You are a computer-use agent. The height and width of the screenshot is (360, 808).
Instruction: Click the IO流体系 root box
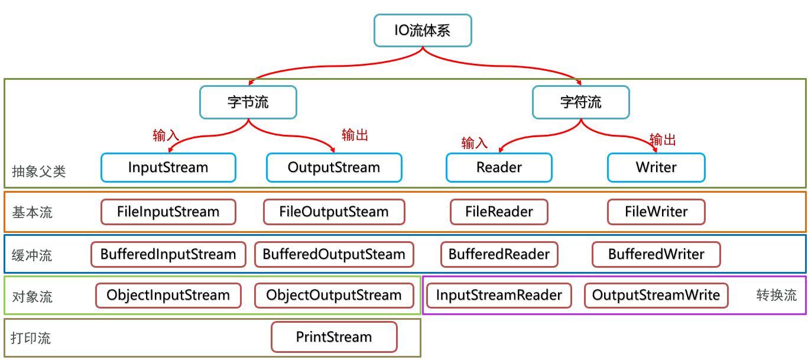[423, 30]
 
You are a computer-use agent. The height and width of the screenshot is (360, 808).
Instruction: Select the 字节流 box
[248, 102]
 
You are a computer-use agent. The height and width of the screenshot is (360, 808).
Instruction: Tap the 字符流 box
[580, 102]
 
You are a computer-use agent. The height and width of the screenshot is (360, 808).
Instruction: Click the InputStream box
[168, 167]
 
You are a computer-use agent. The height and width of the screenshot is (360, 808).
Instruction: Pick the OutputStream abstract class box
[333, 167]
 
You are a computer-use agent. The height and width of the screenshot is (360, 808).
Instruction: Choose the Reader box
[499, 167]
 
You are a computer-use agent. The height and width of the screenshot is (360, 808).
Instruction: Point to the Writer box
[656, 167]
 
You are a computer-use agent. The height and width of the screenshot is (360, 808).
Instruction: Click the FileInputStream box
[168, 212]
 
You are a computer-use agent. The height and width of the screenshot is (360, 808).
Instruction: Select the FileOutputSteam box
[333, 212]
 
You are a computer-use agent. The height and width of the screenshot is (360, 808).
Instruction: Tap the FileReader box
[499, 212]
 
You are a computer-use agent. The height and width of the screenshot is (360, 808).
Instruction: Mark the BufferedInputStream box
[168, 255]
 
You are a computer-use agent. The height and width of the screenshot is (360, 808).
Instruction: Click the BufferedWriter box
[656, 255]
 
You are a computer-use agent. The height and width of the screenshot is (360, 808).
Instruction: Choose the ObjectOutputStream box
[333, 295]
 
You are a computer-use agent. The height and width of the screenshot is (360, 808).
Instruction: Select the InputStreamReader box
[499, 295]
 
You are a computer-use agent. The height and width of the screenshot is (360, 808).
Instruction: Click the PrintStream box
[333, 337]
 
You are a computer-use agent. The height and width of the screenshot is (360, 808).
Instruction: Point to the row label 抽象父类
[39, 172]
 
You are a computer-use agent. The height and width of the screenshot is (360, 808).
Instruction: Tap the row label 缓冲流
[32, 255]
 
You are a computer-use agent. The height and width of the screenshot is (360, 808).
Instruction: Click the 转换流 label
[777, 295]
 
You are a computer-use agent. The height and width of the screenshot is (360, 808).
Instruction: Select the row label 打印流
[31, 338]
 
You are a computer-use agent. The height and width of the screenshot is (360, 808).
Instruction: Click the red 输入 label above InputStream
[166, 135]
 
